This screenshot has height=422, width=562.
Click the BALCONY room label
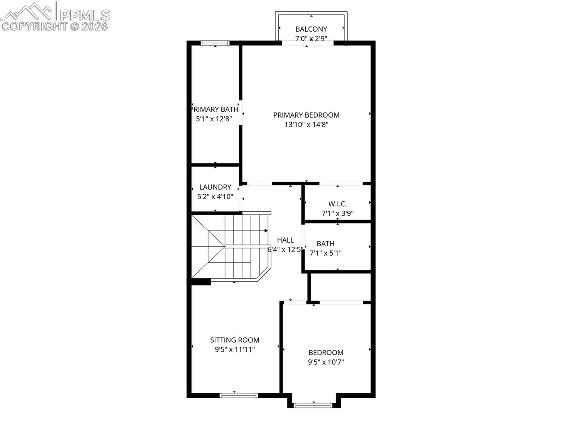click(311, 29)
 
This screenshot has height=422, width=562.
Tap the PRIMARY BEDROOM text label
click(306, 115)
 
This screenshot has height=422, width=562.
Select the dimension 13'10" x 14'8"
click(306, 125)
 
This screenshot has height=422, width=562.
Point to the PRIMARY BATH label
click(215, 110)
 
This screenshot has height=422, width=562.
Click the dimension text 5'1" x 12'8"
click(214, 119)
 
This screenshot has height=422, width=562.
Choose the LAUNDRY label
click(215, 187)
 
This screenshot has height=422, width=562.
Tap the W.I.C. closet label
click(338, 204)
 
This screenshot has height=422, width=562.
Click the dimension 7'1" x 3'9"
click(338, 213)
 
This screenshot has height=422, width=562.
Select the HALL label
click(285, 240)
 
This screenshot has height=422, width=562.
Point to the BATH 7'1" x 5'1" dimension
click(325, 254)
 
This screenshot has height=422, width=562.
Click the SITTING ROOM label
click(235, 340)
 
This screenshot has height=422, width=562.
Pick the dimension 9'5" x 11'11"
click(235, 350)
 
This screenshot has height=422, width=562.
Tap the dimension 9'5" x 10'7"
click(325, 362)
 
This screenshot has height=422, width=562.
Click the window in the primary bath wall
click(215, 43)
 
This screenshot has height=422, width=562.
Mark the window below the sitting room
click(238, 395)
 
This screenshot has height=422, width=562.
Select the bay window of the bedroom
click(313, 405)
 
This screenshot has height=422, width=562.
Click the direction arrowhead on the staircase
click(266, 231)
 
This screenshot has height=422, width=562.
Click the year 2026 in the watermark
click(95, 27)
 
